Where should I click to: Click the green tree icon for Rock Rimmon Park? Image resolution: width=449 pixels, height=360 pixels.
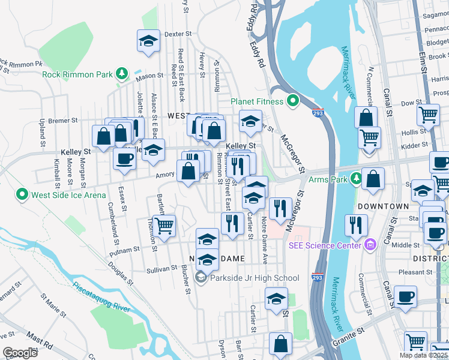click(122, 74)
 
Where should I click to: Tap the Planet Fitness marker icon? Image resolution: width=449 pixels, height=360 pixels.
click(294, 101)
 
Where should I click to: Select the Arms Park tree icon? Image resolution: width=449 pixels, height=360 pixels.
click(357, 179)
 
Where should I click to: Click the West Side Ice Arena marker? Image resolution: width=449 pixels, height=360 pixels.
click(23, 194)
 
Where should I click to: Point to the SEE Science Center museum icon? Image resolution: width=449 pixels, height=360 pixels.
click(370, 244)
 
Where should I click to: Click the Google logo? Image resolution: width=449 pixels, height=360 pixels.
click(20, 353)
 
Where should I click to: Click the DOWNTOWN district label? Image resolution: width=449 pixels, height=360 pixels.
click(383, 206)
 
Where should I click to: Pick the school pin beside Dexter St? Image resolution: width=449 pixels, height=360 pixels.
click(148, 41)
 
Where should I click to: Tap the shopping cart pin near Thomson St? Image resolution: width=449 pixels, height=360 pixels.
click(163, 226)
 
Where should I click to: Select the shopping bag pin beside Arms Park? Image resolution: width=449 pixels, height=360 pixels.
click(373, 179)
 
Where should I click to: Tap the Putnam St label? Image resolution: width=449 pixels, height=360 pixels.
click(124, 248)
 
